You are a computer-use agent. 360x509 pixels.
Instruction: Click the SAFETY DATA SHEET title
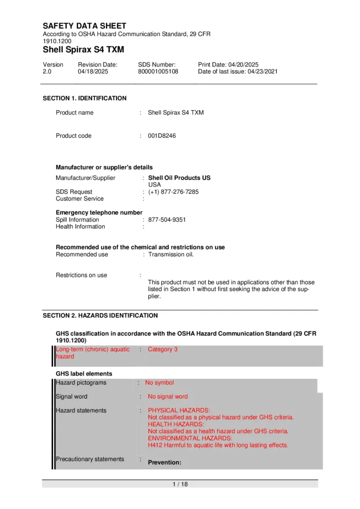click(85, 26)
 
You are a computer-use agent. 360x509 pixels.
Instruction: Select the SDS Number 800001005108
click(158, 71)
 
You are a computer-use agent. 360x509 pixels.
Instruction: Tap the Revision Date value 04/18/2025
click(91, 71)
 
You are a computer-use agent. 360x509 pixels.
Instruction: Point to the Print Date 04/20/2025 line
click(228, 65)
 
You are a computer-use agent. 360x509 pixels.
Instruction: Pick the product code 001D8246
click(162, 136)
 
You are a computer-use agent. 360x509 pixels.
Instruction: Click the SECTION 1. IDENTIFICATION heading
click(85, 98)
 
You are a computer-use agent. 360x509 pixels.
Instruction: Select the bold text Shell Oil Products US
click(179, 178)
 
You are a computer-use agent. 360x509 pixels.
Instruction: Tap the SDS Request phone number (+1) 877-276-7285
click(173, 192)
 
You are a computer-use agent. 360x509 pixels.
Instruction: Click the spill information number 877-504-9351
click(166, 220)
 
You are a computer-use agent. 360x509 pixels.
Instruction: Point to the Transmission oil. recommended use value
click(171, 254)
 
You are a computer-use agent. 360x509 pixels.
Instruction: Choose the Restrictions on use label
click(81, 275)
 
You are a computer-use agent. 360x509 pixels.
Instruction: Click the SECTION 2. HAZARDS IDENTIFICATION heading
click(100, 316)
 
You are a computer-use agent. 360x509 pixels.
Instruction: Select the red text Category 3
click(162, 349)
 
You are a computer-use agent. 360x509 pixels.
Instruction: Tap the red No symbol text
click(159, 383)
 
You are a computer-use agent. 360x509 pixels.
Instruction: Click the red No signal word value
click(168, 397)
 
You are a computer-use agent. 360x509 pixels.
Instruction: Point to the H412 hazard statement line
click(218, 445)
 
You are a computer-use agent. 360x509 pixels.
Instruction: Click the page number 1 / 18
click(180, 484)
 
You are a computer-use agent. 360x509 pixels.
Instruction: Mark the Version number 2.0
click(47, 71)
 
